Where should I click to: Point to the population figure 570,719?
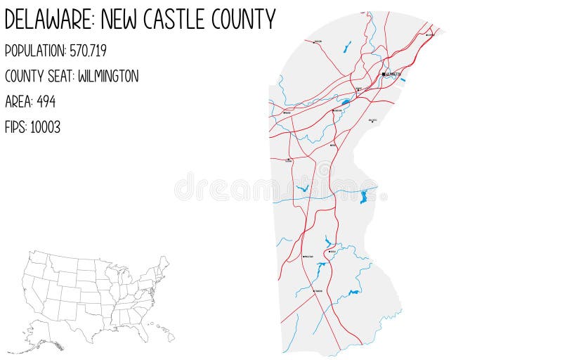point(88,51)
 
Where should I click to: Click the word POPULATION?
point(34,51)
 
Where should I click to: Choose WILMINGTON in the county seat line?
point(108,76)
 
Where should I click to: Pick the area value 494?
point(46,101)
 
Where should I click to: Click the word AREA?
point(18,101)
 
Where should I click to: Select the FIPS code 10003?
point(45,127)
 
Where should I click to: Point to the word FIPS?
point(15,127)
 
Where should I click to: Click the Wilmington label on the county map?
point(393,74)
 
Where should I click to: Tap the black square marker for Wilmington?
point(384,74)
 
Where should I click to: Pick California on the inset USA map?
point(32,295)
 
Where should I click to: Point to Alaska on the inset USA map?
point(42,342)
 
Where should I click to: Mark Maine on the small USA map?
point(166,262)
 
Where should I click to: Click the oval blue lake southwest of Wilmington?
point(346,103)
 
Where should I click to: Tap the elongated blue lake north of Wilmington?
point(347,47)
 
